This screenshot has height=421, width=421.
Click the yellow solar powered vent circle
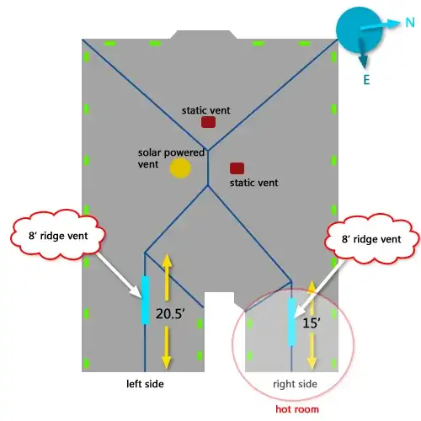pos(180,168)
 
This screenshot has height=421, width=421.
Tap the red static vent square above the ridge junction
pos(208,122)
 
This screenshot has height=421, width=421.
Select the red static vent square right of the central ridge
pos(237,168)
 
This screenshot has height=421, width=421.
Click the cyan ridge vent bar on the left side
pos(145,300)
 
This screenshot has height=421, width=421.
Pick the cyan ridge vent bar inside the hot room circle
pos(292,322)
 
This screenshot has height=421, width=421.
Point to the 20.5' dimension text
pos(170,313)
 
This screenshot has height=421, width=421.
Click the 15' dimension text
pos(312,323)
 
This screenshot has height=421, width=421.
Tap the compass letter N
pos(410,23)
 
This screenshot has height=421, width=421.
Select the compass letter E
pos(366,80)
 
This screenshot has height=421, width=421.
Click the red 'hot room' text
pos(297,409)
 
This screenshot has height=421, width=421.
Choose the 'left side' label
pos(145,384)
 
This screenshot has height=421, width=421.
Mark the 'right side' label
pos(295,384)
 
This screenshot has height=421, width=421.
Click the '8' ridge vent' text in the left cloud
pos(58,236)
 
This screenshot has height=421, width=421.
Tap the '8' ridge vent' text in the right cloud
pos(371,239)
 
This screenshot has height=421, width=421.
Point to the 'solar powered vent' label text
pos(171,158)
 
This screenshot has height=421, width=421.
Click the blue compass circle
pos(359,29)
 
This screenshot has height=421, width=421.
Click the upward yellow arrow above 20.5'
pos(167,277)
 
